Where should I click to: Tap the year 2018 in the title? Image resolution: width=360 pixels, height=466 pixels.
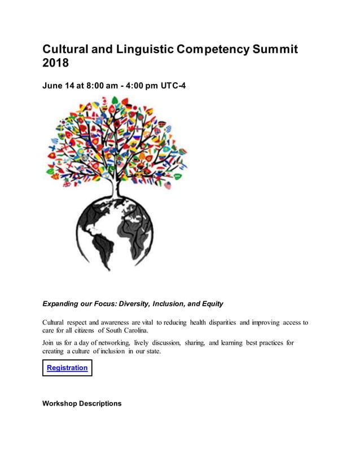[x=55, y=64]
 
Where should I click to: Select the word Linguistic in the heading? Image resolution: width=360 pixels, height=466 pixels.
[x=145, y=49]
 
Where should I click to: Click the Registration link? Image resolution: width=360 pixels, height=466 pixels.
[x=67, y=368]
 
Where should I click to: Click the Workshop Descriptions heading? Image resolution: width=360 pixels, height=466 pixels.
[x=82, y=404]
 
